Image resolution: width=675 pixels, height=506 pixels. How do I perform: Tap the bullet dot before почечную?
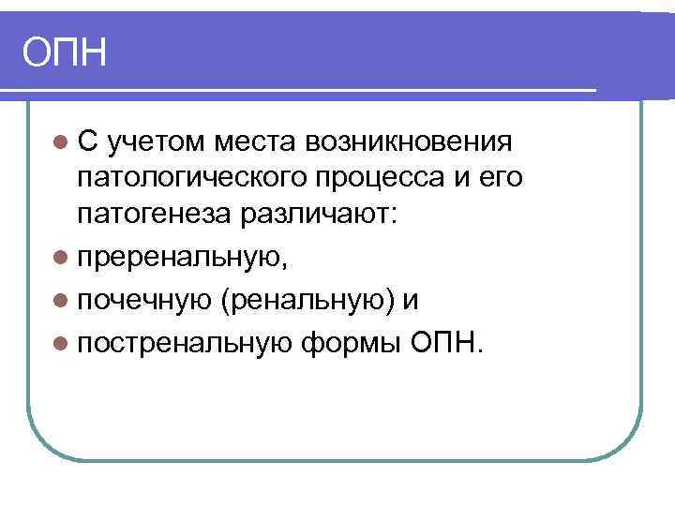pos(61,301)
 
